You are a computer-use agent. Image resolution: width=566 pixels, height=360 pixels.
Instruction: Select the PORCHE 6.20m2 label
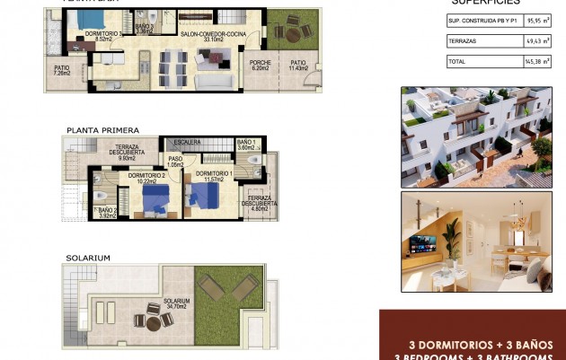[260, 66]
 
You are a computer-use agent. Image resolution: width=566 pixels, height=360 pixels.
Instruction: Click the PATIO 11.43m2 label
[297, 66]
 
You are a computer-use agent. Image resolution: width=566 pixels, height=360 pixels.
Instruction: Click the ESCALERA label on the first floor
[188, 142]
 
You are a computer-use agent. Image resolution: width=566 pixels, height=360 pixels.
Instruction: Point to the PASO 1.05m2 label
[176, 162]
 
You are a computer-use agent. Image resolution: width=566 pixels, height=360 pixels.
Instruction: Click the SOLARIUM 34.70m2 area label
[176, 304]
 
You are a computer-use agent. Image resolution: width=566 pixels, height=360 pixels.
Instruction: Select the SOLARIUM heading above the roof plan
[87, 258]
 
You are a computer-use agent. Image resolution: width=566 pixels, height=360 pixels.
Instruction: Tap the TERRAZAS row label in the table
[462, 41]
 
